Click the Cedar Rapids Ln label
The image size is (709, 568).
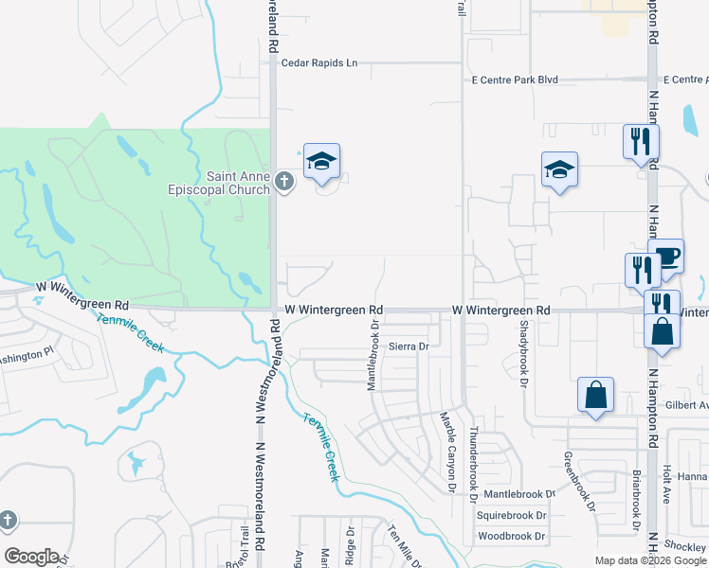[x=319, y=62]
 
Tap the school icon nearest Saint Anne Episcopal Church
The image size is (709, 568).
[x=321, y=162]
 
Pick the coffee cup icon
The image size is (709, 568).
[x=666, y=256]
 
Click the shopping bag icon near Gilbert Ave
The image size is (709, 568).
[x=595, y=396]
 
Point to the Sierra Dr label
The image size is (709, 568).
[x=409, y=347]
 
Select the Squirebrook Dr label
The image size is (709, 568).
[x=512, y=516]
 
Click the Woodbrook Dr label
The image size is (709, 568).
[x=512, y=537]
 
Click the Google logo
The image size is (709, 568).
[x=31, y=557]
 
